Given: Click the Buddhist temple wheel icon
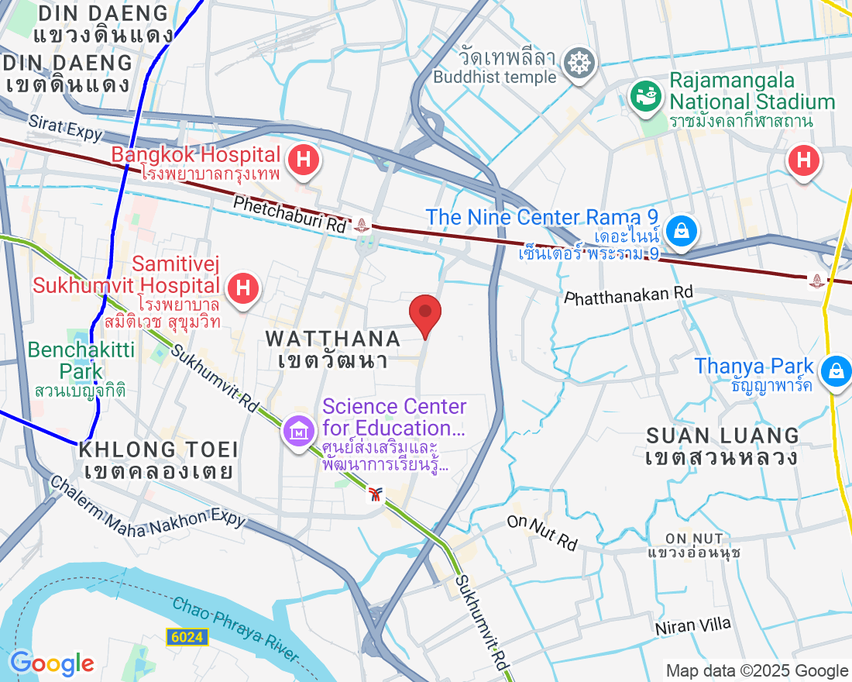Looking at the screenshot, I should tap(577, 62).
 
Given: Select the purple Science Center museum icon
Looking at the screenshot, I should tap(297, 428).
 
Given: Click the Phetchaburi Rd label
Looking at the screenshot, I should tap(289, 214).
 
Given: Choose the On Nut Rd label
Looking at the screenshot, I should tap(542, 532).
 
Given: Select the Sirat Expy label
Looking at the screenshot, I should tap(65, 128).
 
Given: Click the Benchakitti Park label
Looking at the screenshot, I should tap(81, 360).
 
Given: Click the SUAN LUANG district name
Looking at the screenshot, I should tap(722, 436).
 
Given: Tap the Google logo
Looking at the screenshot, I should tap(51, 663).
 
